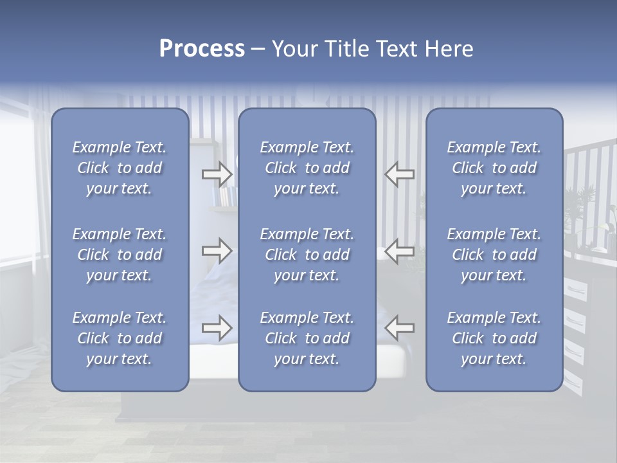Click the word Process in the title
(x=202, y=49)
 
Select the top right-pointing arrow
(x=217, y=174)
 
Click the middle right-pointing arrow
(x=217, y=250)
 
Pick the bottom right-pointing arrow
(x=217, y=328)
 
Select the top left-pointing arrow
(x=399, y=174)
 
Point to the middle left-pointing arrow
(x=399, y=250)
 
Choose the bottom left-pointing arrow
(x=399, y=328)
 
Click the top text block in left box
(x=120, y=168)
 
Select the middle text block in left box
(x=120, y=255)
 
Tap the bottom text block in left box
(x=120, y=338)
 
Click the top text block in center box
(x=307, y=168)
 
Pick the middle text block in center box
(x=307, y=255)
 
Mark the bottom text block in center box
(x=307, y=338)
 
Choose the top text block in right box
(x=494, y=168)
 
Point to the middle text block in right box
(x=494, y=255)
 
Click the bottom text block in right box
(x=494, y=338)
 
